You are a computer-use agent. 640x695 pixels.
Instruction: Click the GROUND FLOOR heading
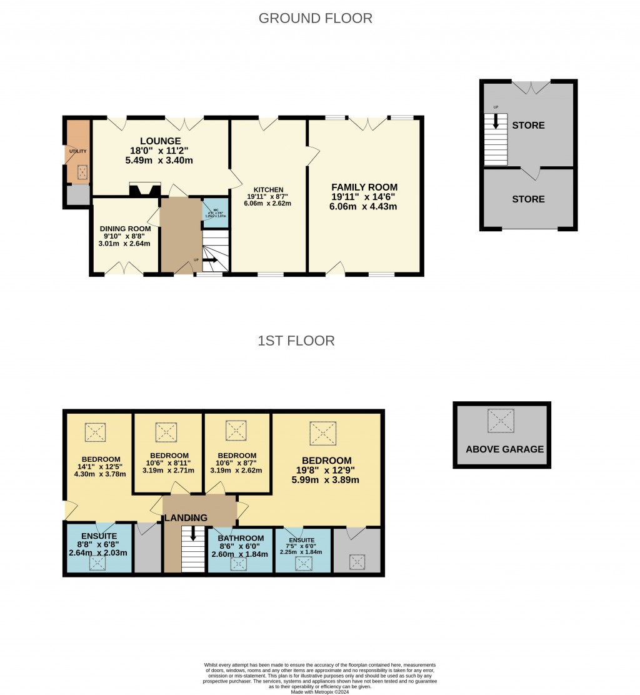pyautogui.click(x=315, y=19)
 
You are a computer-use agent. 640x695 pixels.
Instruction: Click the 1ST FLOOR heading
pyautogui.click(x=296, y=341)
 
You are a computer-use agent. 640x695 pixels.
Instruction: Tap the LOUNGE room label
pyautogui.click(x=160, y=141)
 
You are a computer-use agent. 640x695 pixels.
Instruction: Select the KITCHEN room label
pyautogui.click(x=268, y=190)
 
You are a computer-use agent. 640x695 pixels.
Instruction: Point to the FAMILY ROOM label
pyautogui.click(x=364, y=187)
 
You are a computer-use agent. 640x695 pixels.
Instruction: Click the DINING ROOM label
pyautogui.click(x=125, y=229)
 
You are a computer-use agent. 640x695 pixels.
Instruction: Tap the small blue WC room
pyautogui.click(x=215, y=211)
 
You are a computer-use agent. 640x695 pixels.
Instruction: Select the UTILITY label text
pyautogui.click(x=78, y=151)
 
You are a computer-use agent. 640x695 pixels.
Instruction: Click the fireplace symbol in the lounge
pyautogui.click(x=145, y=189)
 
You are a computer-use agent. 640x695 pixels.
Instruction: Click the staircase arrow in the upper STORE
pyautogui.click(x=496, y=122)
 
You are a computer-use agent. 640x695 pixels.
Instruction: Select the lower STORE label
pyautogui.click(x=528, y=199)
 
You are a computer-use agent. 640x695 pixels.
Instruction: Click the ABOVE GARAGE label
pyautogui.click(x=504, y=449)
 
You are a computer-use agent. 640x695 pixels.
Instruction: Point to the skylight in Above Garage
pyautogui.click(x=501, y=421)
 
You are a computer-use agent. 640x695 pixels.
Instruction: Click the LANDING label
pyautogui.click(x=186, y=518)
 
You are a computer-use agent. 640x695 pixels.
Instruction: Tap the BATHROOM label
pyautogui.click(x=240, y=538)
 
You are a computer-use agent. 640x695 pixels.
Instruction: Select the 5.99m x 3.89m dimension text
pyautogui.click(x=325, y=480)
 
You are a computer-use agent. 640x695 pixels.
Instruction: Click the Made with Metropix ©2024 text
pyautogui.click(x=319, y=691)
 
